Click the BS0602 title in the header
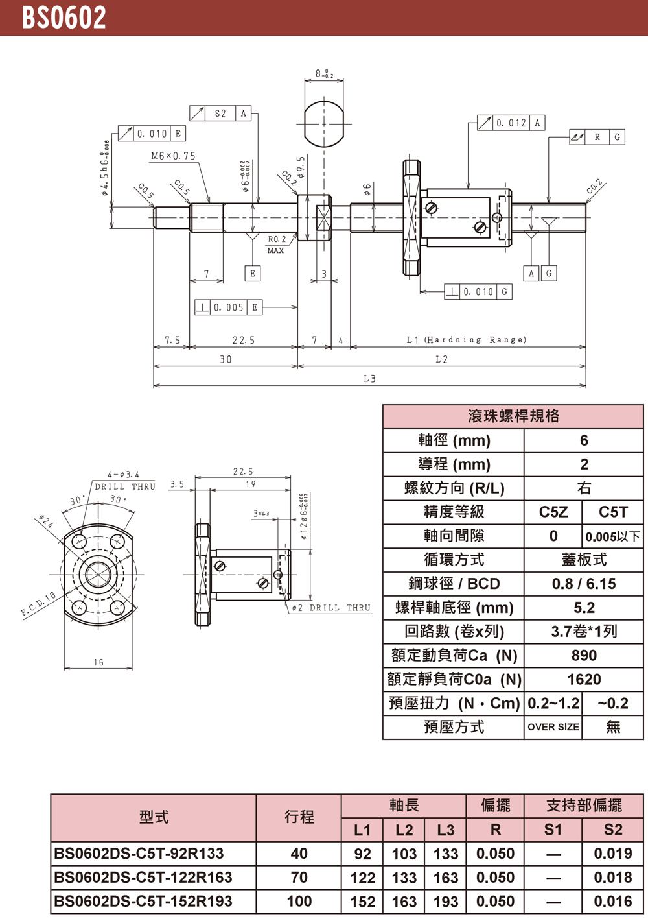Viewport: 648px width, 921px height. click(x=64, y=18)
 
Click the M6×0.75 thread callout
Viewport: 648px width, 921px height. click(x=173, y=156)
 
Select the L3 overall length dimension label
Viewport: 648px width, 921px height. click(x=369, y=378)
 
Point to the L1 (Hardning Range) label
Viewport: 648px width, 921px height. click(x=466, y=339)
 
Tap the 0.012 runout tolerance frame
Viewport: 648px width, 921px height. click(x=511, y=123)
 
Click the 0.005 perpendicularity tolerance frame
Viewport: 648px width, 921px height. click(x=229, y=307)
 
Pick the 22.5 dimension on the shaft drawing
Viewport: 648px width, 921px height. click(x=244, y=340)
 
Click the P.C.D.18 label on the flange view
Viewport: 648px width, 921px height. click(x=38, y=604)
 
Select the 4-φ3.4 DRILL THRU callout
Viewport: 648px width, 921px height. click(x=124, y=481)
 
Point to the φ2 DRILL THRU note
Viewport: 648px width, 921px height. click(x=331, y=608)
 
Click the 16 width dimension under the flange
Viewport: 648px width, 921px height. click(x=98, y=662)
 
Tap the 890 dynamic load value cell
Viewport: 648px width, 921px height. click(x=584, y=656)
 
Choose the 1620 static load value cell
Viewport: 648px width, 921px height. click(x=584, y=680)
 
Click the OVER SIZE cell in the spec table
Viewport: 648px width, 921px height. click(x=553, y=727)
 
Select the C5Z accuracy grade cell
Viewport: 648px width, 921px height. click(x=553, y=512)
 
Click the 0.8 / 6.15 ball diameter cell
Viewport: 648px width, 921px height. click(x=584, y=584)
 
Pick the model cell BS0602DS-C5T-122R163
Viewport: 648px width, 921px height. click(x=143, y=878)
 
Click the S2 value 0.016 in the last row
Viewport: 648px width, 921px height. click(x=613, y=902)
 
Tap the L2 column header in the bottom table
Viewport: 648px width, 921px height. click(x=404, y=830)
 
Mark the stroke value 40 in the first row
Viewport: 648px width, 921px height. click(x=299, y=854)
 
